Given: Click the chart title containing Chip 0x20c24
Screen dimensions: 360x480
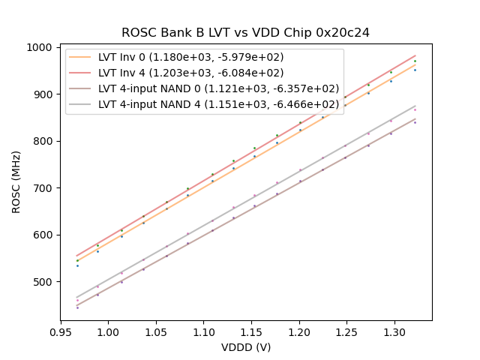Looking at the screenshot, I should coord(245,33).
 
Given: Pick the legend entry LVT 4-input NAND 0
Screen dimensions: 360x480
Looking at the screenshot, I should coord(218,88).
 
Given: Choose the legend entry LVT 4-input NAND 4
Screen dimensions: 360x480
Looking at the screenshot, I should coord(218,104).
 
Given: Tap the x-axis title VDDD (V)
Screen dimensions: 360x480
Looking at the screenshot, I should coord(245,347).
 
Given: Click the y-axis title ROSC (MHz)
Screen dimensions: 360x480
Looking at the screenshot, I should coord(16,180).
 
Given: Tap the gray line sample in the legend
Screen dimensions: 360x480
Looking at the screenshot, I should coord(82,104).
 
